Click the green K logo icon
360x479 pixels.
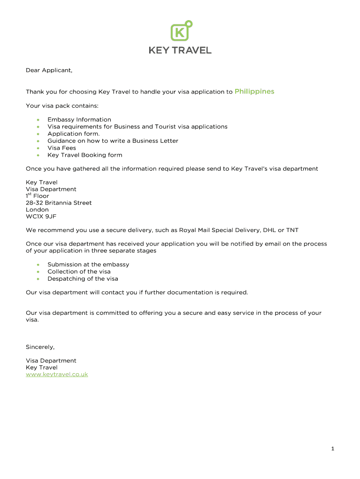click(180, 32)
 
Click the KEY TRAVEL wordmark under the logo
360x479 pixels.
click(180, 50)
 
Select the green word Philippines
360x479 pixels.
click(254, 92)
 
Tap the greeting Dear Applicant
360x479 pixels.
click(49, 71)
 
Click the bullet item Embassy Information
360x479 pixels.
click(79, 120)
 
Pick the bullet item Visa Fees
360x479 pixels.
click(62, 148)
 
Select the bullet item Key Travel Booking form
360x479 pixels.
click(85, 155)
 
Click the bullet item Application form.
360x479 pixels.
click(73, 134)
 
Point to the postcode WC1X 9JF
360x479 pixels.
click(41, 217)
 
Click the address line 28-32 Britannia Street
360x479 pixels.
click(58, 203)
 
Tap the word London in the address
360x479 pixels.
click(37, 210)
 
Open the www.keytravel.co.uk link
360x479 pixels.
click(57, 374)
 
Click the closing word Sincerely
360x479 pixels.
click(40, 347)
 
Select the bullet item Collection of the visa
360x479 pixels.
click(79, 271)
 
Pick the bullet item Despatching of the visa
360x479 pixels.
click(83, 278)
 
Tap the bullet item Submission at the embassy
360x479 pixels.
click(88, 264)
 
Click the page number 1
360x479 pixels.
click(332, 449)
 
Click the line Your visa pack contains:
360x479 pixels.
click(62, 106)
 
